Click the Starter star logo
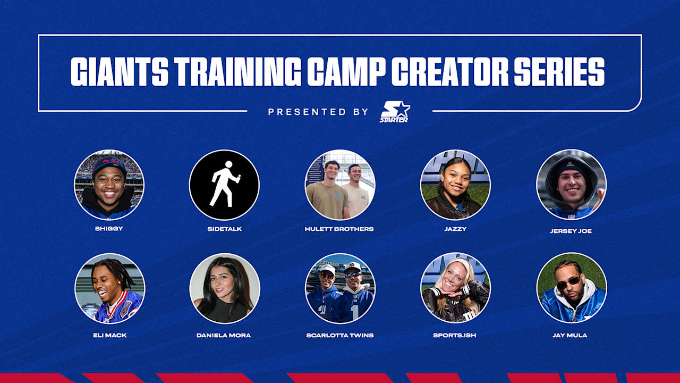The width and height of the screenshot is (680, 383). coord(395,112)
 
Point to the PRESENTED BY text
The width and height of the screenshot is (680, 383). coord(318,112)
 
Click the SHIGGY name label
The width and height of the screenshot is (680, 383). coord(109,229)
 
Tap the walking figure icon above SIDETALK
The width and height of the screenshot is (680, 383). coord(224,185)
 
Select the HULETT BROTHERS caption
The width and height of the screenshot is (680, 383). coord(339,229)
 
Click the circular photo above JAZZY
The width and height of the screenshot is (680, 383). coord(455,185)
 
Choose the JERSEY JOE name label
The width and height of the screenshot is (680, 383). coord(571,231)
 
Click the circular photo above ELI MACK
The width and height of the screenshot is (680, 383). coord(109,288)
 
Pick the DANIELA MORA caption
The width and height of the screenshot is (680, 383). coord(224,335)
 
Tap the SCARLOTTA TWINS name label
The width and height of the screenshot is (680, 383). coord(339,335)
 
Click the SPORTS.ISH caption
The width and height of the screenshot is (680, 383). coord(455,335)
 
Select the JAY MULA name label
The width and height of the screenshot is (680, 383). coord(571,335)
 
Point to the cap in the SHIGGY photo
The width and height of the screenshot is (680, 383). coord(108,165)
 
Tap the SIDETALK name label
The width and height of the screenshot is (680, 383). coord(224,229)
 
